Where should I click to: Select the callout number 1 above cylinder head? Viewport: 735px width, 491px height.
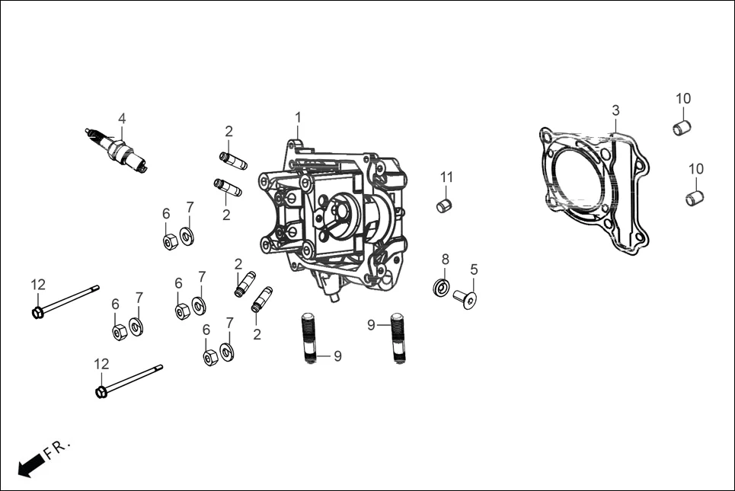pyautogui.click(x=299, y=117)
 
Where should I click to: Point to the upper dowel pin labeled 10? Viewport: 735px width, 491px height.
pyautogui.click(x=682, y=127)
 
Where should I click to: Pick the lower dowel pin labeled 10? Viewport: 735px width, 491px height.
pyautogui.click(x=694, y=197)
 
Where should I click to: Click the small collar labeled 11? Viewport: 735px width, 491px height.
pyautogui.click(x=446, y=205)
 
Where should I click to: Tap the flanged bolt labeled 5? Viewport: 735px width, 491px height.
pyautogui.click(x=465, y=298)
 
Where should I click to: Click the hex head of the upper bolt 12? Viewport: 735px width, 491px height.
pyautogui.click(x=37, y=312)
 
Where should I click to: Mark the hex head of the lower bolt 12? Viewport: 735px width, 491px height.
pyautogui.click(x=101, y=391)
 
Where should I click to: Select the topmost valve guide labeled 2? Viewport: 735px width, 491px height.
pyautogui.click(x=233, y=161)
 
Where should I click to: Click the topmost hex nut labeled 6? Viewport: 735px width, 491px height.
pyautogui.click(x=171, y=241)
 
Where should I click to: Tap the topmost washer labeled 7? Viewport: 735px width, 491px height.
pyautogui.click(x=187, y=237)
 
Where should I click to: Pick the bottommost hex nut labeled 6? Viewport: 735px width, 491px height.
pyautogui.click(x=211, y=357)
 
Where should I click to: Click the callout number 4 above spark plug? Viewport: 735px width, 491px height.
pyautogui.click(x=121, y=118)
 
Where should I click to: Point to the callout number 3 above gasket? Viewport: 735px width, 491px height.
pyautogui.click(x=615, y=111)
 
